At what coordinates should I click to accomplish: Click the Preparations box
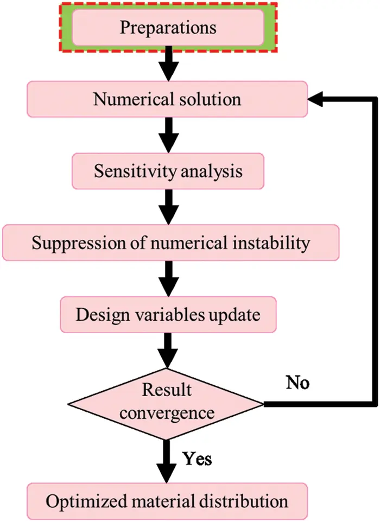click(168, 27)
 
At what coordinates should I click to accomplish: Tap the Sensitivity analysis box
click(168, 171)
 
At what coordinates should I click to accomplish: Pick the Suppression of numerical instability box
click(170, 242)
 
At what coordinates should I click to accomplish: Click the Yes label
click(197, 459)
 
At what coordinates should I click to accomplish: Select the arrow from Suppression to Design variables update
click(168, 279)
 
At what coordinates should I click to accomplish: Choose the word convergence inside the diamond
click(166, 412)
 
